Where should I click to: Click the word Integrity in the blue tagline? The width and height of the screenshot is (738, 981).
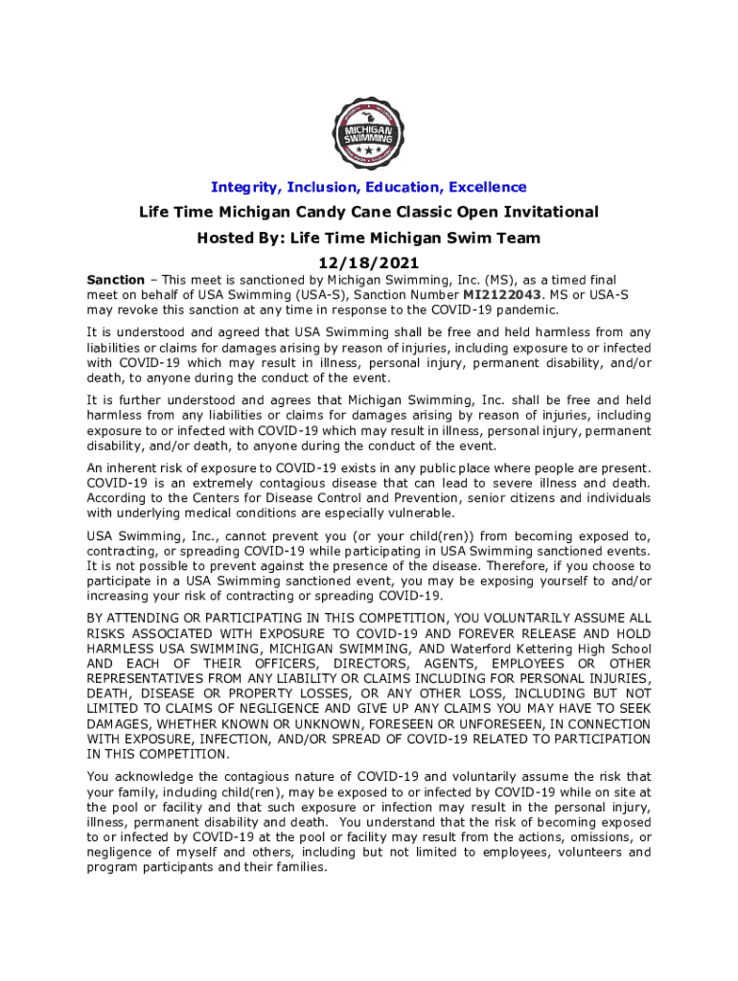245,187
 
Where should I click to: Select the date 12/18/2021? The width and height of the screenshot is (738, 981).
368,262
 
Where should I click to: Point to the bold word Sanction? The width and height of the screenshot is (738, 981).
115,280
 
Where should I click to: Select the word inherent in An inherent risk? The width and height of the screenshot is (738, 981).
136,468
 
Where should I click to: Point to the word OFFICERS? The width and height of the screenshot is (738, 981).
280,665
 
